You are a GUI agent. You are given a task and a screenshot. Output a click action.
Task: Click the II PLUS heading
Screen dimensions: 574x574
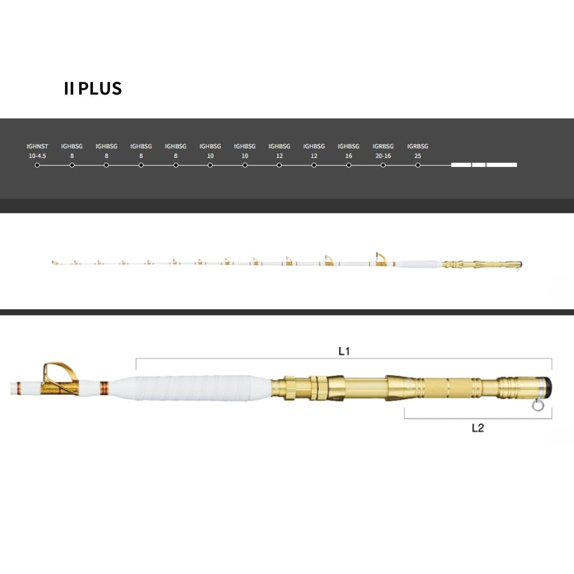click(92, 89)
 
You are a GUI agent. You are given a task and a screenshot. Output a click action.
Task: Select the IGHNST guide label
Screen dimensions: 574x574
click(37, 146)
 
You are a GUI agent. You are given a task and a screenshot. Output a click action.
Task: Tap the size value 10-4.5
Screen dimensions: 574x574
click(37, 156)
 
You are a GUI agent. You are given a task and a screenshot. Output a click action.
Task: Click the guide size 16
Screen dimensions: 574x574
click(349, 156)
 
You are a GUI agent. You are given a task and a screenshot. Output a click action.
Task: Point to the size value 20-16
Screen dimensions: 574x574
click(383, 156)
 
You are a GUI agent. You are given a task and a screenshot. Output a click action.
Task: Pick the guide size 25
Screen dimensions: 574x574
click(418, 156)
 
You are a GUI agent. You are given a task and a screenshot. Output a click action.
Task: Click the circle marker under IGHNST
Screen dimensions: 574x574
click(37, 165)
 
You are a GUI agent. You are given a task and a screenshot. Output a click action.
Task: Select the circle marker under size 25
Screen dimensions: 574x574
click(418, 165)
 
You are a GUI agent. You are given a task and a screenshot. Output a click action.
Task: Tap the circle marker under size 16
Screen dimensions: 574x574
click(349, 165)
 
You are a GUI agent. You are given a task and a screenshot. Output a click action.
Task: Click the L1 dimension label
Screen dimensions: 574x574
click(344, 351)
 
